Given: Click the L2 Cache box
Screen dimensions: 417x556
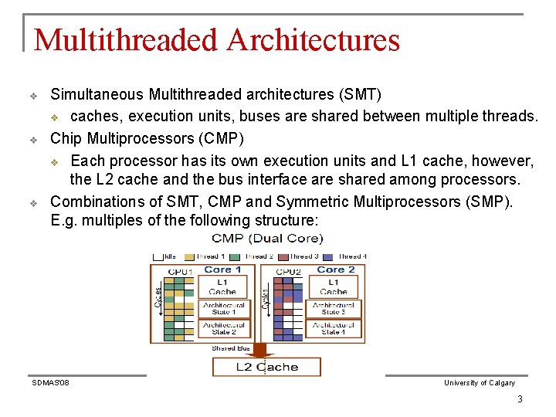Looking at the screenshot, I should pos(266,367).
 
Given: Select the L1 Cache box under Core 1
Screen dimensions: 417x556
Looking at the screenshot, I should pos(222,287).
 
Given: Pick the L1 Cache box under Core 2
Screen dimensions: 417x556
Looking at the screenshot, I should pos(334,287).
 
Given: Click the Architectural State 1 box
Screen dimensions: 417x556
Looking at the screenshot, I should pos(223,308).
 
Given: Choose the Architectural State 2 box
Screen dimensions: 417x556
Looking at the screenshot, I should pos(223,328).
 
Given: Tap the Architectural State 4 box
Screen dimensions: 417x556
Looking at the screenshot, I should pos(334,328).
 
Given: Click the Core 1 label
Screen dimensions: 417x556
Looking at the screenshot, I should pos(222,270).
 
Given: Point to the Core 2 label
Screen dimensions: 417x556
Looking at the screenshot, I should pos(334,270).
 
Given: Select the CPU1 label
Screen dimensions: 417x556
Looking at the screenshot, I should pos(179,272).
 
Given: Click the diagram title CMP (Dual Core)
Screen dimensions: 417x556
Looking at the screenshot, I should pos(267,239).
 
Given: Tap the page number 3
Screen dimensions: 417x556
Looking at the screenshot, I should pos(520,399).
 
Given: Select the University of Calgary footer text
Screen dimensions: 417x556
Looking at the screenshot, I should pos(479,383).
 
